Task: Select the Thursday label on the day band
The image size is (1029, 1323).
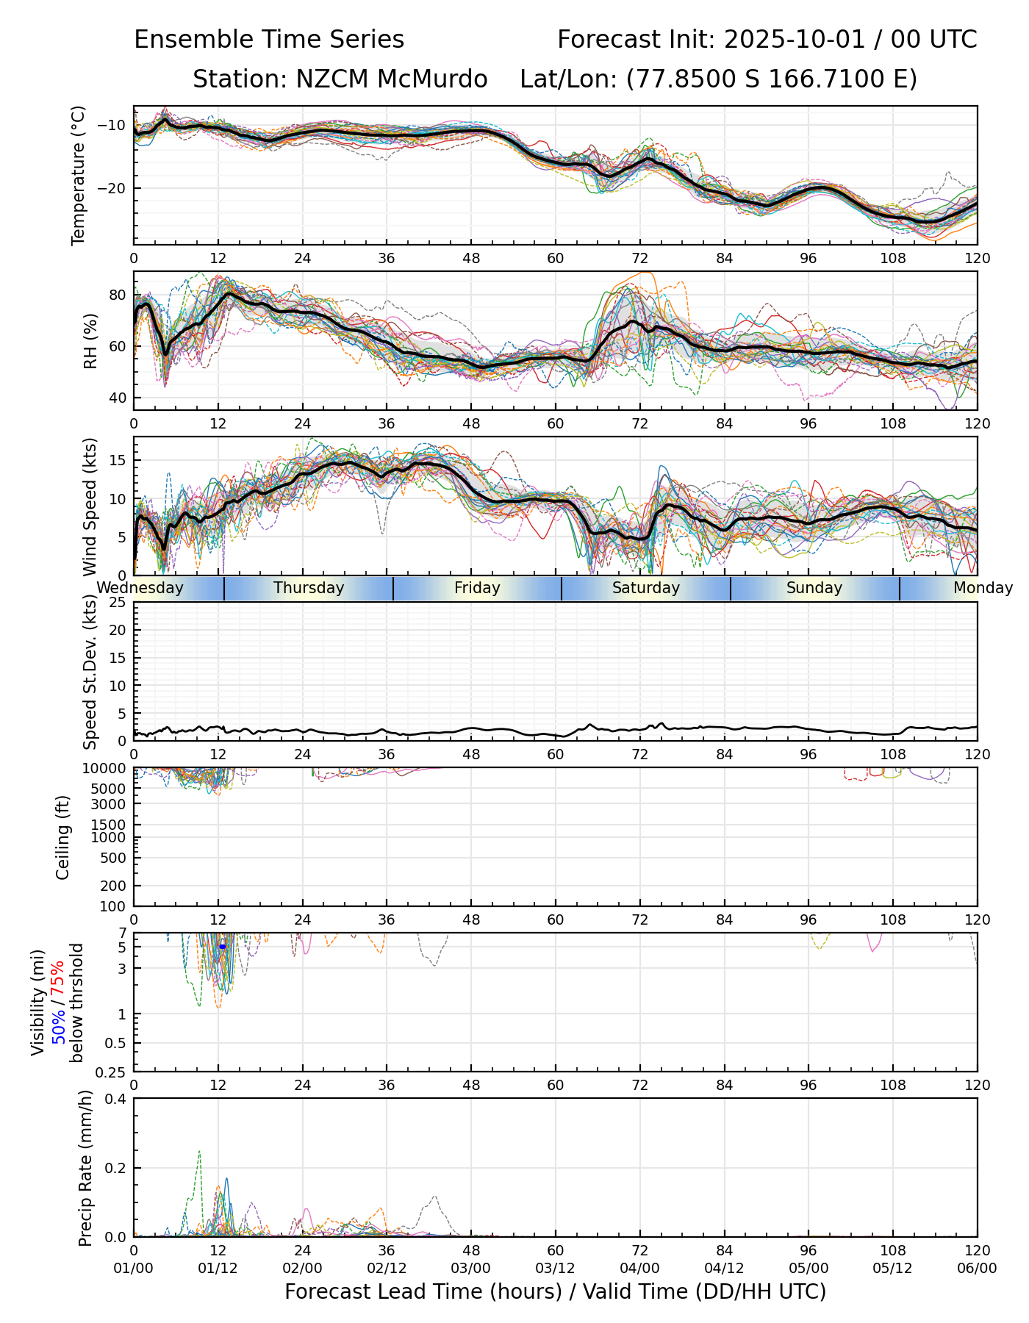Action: coord(309,588)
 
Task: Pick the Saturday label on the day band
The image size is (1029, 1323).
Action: coord(646,588)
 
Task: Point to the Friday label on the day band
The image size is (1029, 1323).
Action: coord(477,588)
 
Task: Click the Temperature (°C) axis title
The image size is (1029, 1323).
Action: coord(79,175)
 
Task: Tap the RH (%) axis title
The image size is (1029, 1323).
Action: coord(90,341)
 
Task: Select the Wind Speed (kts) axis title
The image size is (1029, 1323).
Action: coord(90,506)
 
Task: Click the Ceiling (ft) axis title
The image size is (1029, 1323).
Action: coord(63,837)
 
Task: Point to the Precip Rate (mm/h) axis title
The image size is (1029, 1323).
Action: coord(86,1168)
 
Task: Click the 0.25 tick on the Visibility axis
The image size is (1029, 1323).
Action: coord(112,1072)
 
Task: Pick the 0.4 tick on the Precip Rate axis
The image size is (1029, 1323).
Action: coord(117,1100)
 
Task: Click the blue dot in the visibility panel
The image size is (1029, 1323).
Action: coord(222,947)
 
